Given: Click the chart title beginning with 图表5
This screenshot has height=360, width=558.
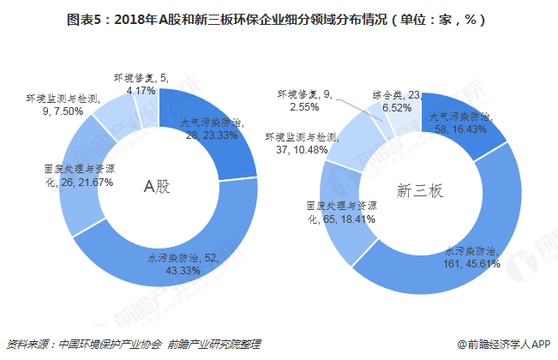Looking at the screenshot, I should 279,19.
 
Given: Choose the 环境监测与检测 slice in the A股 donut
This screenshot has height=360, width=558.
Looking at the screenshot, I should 110,116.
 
